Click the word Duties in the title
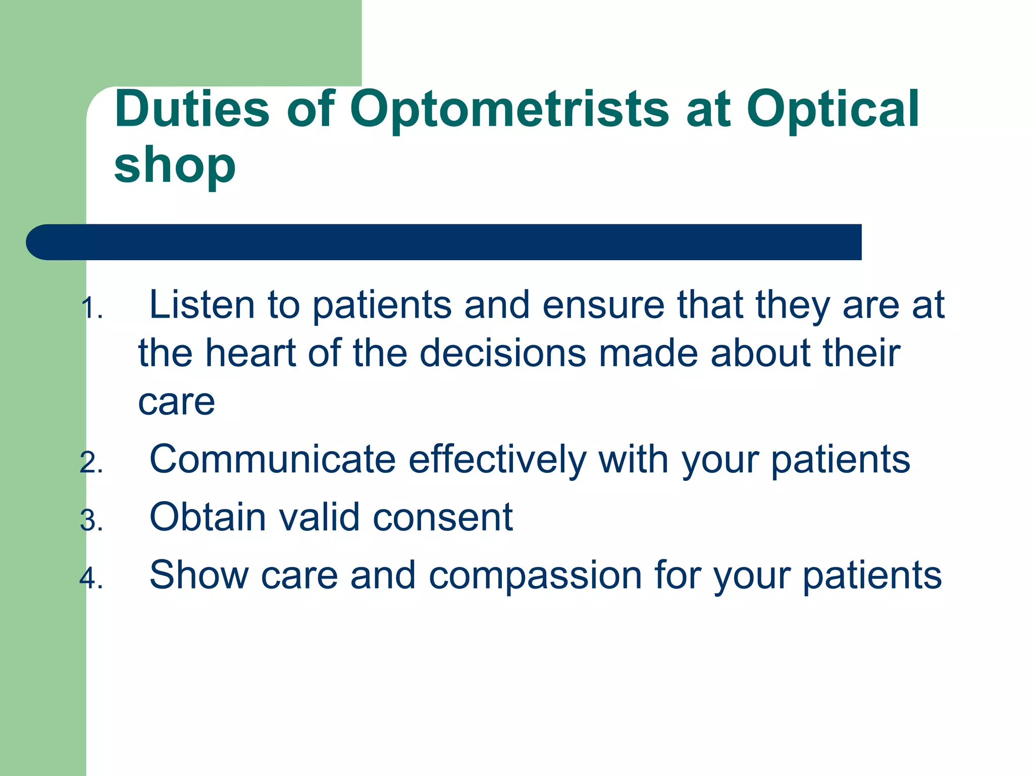point(192,109)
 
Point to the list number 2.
point(91,463)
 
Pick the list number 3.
point(91,521)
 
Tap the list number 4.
point(91,578)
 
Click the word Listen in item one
point(202,305)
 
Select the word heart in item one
point(250,353)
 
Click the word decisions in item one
point(503,353)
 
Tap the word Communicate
point(273,459)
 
